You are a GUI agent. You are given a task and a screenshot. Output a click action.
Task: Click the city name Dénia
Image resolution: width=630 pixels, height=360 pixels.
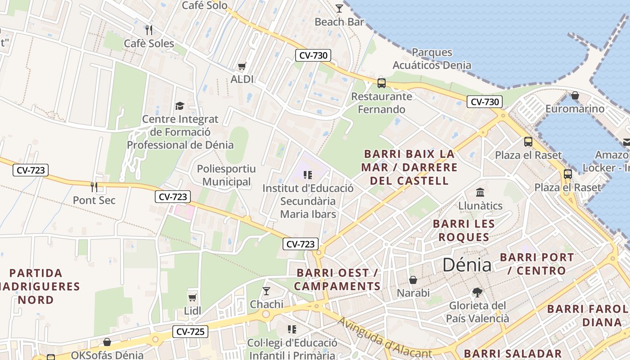pos(467,265)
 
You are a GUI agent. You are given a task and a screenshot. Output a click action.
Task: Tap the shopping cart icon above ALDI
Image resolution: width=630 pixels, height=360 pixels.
pos(242,67)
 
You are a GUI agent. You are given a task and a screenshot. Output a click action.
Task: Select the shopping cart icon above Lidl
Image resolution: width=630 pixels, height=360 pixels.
pos(193,297)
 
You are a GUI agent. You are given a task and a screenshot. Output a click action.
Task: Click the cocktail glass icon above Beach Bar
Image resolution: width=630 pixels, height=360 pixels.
pos(339,9)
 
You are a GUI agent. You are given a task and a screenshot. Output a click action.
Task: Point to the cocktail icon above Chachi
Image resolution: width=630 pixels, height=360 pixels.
pos(266,291)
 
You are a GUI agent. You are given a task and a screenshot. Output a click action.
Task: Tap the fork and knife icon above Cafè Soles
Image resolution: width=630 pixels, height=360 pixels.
pos(149,30)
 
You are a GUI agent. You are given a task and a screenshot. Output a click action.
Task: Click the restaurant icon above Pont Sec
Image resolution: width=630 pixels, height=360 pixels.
pos(94,187)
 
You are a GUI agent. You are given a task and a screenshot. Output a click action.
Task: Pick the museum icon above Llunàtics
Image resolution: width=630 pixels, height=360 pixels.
pos(480,193)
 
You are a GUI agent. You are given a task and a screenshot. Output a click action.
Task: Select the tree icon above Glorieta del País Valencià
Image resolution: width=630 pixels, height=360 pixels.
pos(477,292)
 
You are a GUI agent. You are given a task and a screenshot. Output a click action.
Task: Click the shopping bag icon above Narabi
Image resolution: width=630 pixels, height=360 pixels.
pos(413,280)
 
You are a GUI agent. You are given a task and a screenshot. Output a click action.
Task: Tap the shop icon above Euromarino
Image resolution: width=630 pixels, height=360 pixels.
pos(575,95)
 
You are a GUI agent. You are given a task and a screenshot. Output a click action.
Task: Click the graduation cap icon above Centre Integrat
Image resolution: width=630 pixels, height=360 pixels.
pos(180,106)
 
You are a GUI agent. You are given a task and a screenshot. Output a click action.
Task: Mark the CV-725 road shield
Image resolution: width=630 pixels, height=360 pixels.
pos(190,332)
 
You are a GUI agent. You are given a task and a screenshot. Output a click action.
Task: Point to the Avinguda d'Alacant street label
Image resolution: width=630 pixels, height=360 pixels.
pos(385,337)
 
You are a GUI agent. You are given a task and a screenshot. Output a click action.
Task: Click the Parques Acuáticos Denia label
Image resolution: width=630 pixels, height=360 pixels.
pos(432,58)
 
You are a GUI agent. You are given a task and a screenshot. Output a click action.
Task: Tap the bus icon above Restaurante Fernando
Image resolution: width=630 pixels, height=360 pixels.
pos(382,83)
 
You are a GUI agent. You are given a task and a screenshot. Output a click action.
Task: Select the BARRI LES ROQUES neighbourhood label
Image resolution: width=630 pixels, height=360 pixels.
pos(463,230)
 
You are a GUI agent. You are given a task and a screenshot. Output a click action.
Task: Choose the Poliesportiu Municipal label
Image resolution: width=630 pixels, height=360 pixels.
pos(226,175)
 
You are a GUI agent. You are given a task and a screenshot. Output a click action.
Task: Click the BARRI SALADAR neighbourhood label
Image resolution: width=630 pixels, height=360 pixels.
pos(513,354)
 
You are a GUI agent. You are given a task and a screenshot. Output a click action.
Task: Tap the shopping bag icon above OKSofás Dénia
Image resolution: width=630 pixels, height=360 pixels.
pos(107,342)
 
